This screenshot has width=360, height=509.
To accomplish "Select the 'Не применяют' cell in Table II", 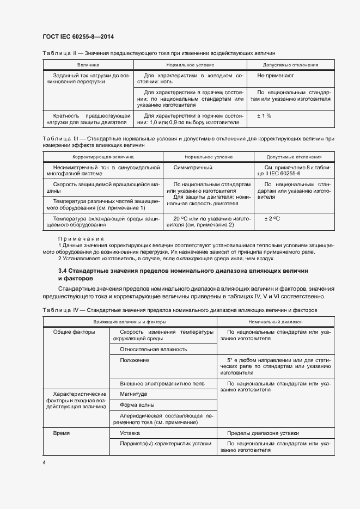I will [x=276, y=76].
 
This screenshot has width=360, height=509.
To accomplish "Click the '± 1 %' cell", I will [x=264, y=116].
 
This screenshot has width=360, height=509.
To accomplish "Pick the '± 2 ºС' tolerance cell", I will [x=272, y=218].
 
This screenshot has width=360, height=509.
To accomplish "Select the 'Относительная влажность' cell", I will [x=154, y=349].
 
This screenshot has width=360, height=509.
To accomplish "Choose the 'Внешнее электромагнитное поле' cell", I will [x=162, y=384].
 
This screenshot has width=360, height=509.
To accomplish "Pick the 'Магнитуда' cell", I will [x=133, y=394].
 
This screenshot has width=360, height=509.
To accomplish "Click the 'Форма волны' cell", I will [x=137, y=405].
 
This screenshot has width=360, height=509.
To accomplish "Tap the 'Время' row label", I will [x=61, y=433].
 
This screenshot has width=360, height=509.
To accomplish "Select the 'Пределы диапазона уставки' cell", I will [x=263, y=433].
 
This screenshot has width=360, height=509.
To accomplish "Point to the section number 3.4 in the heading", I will [x=62, y=270].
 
